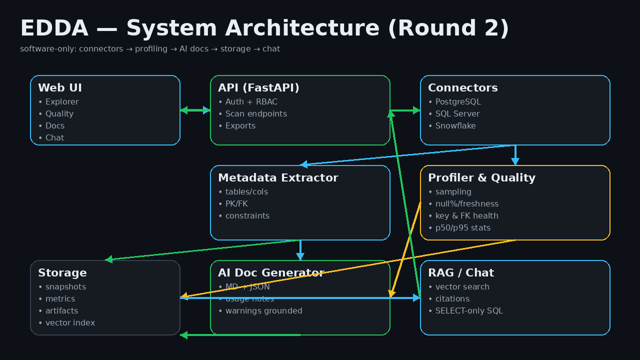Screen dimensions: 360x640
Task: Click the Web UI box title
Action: [60, 88]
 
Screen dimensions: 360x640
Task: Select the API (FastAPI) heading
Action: [258, 88]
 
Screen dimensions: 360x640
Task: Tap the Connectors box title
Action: [462, 88]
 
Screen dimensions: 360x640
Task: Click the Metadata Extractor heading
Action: [278, 178]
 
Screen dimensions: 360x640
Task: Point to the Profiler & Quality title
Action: [481, 178]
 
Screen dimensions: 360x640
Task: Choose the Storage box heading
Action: [62, 273]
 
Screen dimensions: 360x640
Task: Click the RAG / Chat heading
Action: [460, 273]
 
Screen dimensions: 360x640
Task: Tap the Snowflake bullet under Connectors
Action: [455, 126]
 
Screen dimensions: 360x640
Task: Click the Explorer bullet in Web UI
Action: [61, 102]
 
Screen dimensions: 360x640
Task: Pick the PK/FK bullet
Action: [236, 204]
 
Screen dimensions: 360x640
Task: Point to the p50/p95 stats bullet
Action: [462, 228]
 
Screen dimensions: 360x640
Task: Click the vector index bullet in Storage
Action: [69, 323]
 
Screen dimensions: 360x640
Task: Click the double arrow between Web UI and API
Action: [195, 110]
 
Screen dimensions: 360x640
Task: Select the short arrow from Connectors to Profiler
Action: [515, 155]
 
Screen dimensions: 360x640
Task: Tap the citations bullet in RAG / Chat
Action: [452, 299]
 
